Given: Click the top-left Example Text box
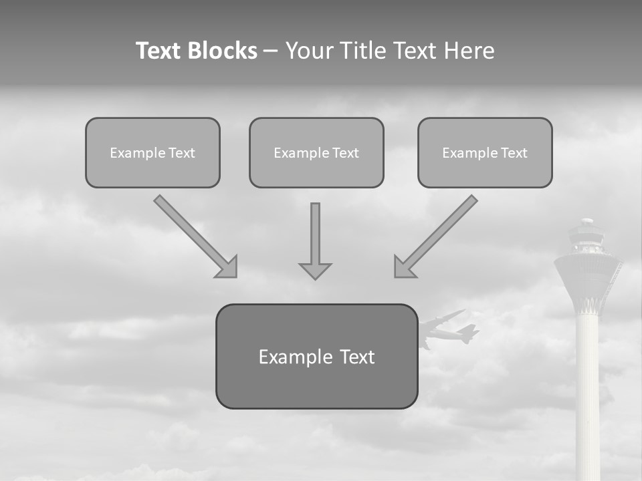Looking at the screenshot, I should pyautogui.click(x=152, y=153).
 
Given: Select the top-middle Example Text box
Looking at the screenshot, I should pyautogui.click(x=316, y=153).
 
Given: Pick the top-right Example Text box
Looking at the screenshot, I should pyautogui.click(x=485, y=153).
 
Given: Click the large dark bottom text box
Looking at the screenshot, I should pyautogui.click(x=316, y=356).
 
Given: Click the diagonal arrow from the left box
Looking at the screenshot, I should pyautogui.click(x=195, y=235).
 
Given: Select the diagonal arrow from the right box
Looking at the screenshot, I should pyautogui.click(x=437, y=235).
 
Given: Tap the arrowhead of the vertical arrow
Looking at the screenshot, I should pyautogui.click(x=315, y=271).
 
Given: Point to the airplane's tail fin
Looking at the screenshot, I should pyautogui.click(x=470, y=331).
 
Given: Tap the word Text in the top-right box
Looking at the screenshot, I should pyautogui.click(x=514, y=153).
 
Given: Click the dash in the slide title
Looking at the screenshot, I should pyautogui.click(x=271, y=51).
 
